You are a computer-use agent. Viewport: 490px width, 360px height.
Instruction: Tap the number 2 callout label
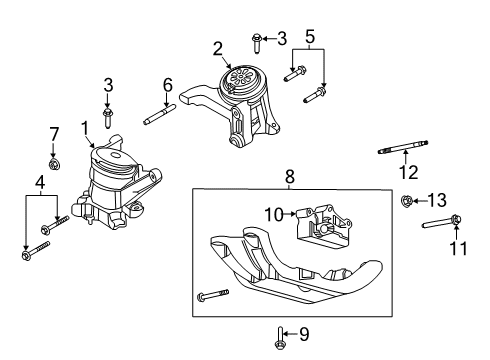tap(216, 47)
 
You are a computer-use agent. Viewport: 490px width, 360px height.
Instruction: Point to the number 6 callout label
tap(168, 85)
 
